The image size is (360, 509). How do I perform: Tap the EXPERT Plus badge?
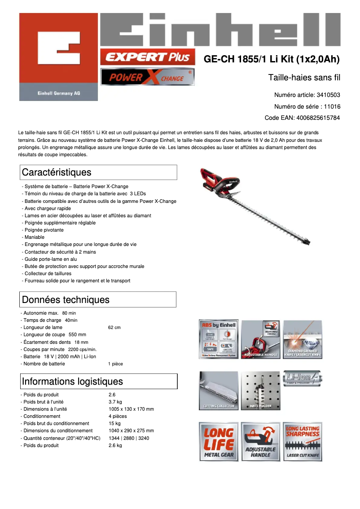(x=147, y=57)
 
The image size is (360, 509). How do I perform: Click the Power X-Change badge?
(x=147, y=77)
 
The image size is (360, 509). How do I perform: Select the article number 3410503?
(x=328, y=95)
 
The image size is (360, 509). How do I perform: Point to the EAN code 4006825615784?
(x=317, y=118)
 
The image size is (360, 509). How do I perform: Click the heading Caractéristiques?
(x=57, y=172)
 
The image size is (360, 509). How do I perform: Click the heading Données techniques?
(x=66, y=299)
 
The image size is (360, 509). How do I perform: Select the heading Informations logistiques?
(x=72, y=382)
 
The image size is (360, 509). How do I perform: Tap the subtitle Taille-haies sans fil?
(x=304, y=78)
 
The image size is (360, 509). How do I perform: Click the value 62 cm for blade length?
(x=114, y=328)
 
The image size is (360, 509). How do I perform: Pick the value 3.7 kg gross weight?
(x=115, y=402)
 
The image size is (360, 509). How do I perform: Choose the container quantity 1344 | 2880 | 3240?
(x=129, y=438)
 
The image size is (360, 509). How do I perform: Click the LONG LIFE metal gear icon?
(x=219, y=442)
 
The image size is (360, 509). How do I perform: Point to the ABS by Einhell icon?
(x=219, y=339)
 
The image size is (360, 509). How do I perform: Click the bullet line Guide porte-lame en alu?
(x=51, y=259)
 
